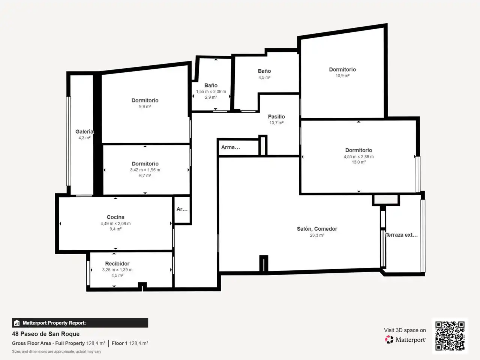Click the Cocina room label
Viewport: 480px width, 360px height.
pos(115,217)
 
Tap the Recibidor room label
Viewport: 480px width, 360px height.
pos(117,264)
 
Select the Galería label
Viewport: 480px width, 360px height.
pos(84,132)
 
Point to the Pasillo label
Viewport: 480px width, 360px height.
pos(276,117)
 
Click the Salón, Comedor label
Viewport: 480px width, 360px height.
pos(317,229)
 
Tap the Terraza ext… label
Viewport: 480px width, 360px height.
pos(402,235)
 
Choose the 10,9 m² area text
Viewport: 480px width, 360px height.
pos(342,76)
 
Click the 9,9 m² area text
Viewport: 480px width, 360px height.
pos(145,106)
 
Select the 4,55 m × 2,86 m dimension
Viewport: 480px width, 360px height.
pos(358,156)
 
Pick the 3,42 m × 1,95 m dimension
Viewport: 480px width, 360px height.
pos(145,170)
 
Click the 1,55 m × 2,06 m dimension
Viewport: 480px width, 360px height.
pos(211,91)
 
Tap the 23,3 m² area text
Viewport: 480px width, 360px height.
pos(317,235)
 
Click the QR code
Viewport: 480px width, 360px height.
pos(450,336)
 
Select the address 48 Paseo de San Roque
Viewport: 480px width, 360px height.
pos(46,334)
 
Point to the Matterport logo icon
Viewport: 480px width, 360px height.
pos(389,339)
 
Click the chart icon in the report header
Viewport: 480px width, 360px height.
pos(17,323)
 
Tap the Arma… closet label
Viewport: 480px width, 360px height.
pos(231,147)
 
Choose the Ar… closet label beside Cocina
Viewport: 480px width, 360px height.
pos(182,209)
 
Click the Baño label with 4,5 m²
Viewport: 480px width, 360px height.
pos(264,71)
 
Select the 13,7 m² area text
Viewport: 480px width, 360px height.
pos(276,123)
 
